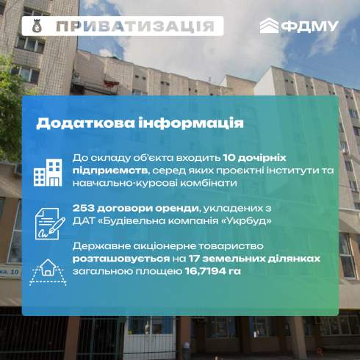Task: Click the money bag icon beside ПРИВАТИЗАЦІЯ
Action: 37,26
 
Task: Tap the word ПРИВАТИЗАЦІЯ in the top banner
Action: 135,26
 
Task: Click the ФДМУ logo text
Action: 310,26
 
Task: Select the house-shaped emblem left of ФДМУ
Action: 269,26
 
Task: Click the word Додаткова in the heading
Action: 85,123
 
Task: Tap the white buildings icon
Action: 48,173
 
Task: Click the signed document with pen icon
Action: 50,223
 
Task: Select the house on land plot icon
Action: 48,273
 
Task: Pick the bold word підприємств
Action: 110,170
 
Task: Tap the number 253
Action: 83,209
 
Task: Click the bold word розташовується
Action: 121,259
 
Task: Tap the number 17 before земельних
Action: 194,259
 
